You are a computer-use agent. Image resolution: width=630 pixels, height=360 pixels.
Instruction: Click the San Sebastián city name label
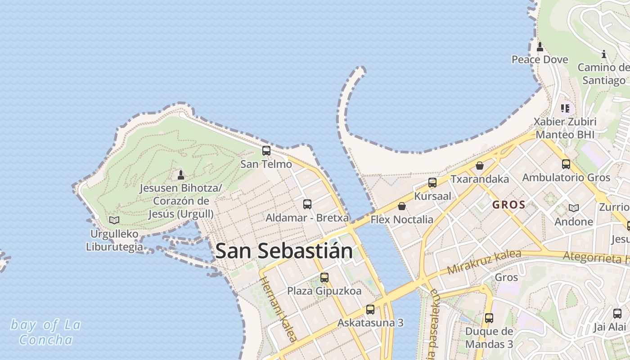284,251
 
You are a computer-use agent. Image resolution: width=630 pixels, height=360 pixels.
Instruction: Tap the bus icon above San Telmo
266,151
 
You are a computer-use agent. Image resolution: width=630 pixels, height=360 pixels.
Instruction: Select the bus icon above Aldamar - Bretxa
307,204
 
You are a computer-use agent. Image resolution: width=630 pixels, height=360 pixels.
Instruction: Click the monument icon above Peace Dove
540,46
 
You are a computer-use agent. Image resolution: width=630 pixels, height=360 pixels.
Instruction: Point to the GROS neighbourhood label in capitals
509,205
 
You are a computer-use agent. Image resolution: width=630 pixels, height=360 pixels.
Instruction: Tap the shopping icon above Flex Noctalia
402,206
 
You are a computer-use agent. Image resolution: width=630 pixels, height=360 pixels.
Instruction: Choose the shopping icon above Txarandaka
480,166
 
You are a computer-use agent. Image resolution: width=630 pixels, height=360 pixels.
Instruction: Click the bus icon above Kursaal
432,183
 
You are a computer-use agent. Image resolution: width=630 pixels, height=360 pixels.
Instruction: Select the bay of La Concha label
45,332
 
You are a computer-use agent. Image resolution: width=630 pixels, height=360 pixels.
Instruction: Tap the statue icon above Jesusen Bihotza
181,175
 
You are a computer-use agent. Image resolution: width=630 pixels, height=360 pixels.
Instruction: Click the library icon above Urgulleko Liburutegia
114,220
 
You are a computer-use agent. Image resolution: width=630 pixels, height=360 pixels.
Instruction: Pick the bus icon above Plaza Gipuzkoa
324,278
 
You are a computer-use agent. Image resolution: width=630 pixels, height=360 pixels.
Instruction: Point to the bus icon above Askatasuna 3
370,310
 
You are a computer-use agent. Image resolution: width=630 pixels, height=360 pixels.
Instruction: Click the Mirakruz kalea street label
484,262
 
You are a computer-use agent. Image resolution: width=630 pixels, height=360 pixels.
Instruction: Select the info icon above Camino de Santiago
604,54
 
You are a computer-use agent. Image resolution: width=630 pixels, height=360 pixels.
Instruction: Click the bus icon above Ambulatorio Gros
566,164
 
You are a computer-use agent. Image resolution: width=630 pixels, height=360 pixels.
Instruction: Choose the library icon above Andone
574,208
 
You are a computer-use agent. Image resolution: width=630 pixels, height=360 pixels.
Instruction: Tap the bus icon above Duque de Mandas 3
489,318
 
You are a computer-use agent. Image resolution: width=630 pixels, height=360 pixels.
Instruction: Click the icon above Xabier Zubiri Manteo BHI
566,108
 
